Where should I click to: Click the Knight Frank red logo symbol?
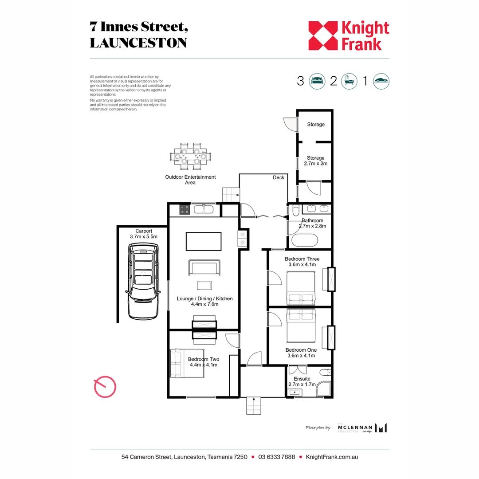pos(322,36)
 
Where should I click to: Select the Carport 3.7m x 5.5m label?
pos(143,234)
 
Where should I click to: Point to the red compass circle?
pos(105,387)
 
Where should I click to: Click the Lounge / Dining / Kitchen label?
pos(204,301)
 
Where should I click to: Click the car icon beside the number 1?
pos(381,81)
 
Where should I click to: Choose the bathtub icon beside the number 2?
pos(349,81)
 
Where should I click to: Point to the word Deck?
pos(279,177)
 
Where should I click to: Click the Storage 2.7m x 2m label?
pos(315,161)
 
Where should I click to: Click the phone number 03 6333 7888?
pos(276,457)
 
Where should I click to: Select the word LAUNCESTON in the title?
pos(138,43)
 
